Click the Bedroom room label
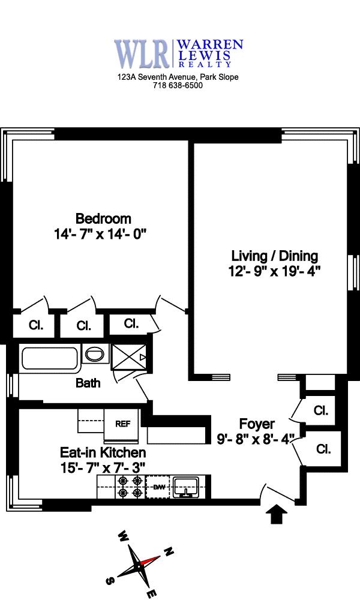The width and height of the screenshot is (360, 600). click(x=103, y=218)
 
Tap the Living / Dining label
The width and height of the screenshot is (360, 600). click(x=274, y=256)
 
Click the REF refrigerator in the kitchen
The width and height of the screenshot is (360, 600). click(x=122, y=424)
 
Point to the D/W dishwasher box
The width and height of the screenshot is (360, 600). click(x=159, y=487)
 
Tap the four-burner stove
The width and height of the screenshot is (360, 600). click(x=130, y=487)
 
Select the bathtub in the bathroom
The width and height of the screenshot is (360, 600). click(x=50, y=359)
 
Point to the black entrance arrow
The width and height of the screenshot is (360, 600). click(x=277, y=514)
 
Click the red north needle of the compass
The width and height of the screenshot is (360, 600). click(x=150, y=560)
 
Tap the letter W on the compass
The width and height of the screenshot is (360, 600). click(x=123, y=536)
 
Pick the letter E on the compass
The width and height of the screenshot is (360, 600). click(x=152, y=593)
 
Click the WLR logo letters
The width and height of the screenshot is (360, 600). click(x=142, y=53)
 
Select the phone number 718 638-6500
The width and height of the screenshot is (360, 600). click(x=178, y=86)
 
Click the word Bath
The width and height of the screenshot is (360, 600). click(x=88, y=383)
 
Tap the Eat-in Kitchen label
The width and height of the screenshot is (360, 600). click(x=103, y=452)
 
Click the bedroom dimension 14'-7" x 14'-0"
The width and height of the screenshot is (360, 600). click(x=100, y=233)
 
